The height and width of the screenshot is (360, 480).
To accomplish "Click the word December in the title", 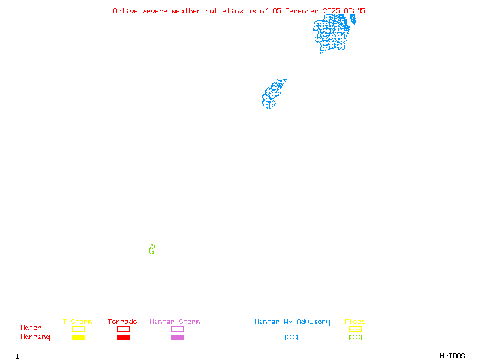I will pos(304,11).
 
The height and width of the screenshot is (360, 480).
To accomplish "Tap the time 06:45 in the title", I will pos(355,11).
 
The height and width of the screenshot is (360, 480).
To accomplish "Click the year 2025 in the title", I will pos(332,11).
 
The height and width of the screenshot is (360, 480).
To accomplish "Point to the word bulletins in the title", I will pos(224,11).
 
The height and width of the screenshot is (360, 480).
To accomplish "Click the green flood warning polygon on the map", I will pos(152,249).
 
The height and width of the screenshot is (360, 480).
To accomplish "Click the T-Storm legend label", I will pos(77,322).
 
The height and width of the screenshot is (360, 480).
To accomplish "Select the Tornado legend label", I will pos(122,322).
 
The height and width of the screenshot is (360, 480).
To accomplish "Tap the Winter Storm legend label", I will pos(175,322).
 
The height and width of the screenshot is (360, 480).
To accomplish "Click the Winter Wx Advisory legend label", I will pos(292,322).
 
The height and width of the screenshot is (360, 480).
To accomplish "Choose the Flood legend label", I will pos(355,322).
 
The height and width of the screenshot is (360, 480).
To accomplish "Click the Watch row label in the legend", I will pos(31,328).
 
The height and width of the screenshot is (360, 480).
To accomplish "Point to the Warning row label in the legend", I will pos(35,337).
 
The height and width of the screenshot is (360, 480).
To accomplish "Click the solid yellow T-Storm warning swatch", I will pos(78,338).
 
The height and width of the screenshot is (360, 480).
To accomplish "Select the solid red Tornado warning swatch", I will pos(123,338).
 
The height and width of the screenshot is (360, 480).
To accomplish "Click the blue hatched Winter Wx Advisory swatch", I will pos(291,338).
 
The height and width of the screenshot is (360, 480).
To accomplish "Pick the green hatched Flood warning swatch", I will pos(355,338).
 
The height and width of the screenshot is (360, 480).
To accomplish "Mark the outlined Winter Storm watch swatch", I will pos(177,329).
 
